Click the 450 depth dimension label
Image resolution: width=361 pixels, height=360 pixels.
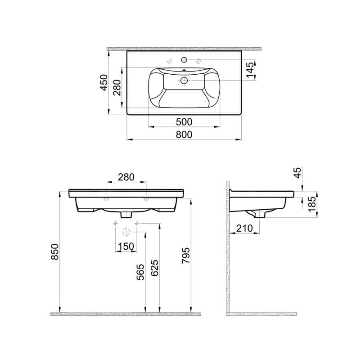pyautogui.click(x=104, y=82)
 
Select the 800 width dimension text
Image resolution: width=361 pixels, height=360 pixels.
pyautogui.click(x=184, y=135)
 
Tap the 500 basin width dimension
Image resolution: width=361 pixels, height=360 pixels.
pyautogui.click(x=184, y=122)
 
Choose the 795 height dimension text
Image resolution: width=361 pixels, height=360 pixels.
pyautogui.click(x=185, y=256)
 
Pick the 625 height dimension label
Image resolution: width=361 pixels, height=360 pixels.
pyautogui.click(x=154, y=268)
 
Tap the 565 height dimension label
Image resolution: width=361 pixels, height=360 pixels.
pyautogui.click(x=140, y=272)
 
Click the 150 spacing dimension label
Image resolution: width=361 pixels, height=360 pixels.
pyautogui.click(x=126, y=247)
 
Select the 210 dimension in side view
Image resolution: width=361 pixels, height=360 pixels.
pyautogui.click(x=244, y=228)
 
